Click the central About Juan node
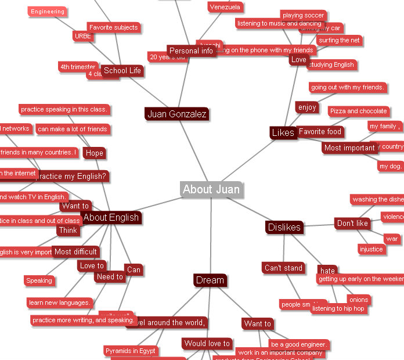[211, 189]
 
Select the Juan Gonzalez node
[176, 114]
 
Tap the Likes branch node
[283, 133]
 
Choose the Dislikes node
[284, 227]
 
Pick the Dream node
[210, 280]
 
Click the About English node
[111, 218]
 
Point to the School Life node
[122, 71]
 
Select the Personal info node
[191, 51]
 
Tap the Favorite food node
[320, 132]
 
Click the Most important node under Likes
[349, 148]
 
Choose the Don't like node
[352, 224]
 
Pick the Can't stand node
[283, 268]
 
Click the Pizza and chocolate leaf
[358, 111]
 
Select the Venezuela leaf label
[226, 7]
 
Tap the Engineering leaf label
[48, 12]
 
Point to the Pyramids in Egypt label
[131, 351]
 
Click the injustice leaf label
[371, 250]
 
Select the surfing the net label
[339, 41]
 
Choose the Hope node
[94, 153]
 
